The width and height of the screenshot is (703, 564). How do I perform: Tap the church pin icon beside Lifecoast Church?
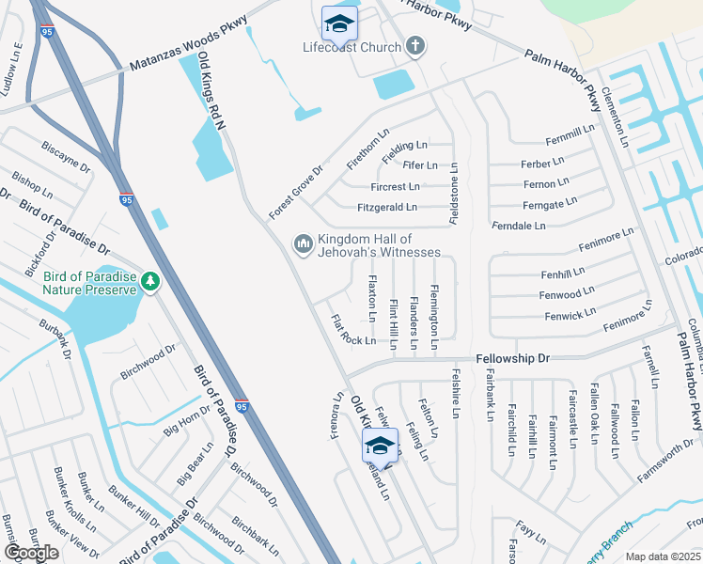point(414,45)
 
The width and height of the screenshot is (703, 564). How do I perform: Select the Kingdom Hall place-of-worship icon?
point(303,244)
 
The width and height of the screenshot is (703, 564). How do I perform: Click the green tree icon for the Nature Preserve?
point(148,280)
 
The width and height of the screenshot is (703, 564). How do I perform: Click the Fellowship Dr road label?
point(512,358)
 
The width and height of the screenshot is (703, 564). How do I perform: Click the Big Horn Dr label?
point(187,429)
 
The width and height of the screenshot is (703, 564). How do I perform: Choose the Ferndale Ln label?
point(518,226)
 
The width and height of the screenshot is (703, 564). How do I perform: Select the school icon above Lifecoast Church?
point(338,22)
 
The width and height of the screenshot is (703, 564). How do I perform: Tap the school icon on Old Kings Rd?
point(380,445)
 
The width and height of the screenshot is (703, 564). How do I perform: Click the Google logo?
point(32,553)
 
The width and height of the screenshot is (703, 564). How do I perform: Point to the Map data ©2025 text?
point(663,556)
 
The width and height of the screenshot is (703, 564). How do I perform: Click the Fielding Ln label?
point(405,146)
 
